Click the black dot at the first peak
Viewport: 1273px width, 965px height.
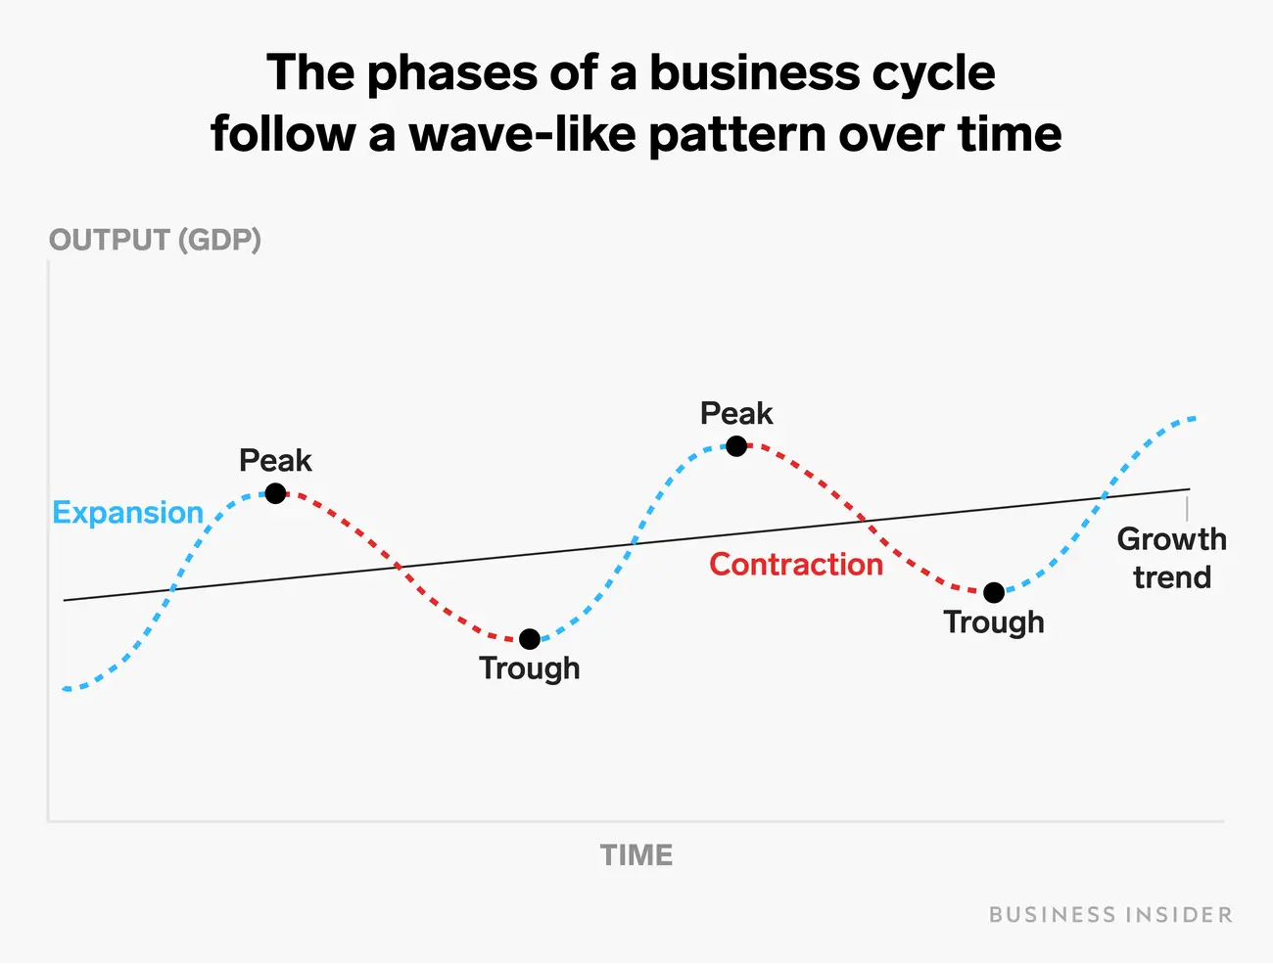click(276, 493)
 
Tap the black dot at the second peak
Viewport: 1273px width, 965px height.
click(736, 446)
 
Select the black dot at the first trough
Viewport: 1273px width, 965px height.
click(530, 639)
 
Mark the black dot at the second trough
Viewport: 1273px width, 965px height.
click(994, 592)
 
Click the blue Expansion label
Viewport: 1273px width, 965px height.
click(127, 513)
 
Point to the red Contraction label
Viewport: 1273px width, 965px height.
click(796, 565)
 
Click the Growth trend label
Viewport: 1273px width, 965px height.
click(1171, 558)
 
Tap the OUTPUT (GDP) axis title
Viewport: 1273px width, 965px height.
click(155, 240)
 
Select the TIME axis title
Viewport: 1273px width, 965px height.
click(636, 855)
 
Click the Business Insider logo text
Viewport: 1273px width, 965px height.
click(1110, 915)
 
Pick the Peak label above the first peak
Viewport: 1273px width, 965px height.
click(275, 460)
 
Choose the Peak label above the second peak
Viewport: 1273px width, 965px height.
click(736, 414)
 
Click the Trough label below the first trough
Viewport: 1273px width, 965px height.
click(530, 668)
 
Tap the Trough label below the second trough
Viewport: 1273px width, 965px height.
click(994, 622)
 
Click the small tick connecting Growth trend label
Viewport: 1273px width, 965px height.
click(1188, 508)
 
